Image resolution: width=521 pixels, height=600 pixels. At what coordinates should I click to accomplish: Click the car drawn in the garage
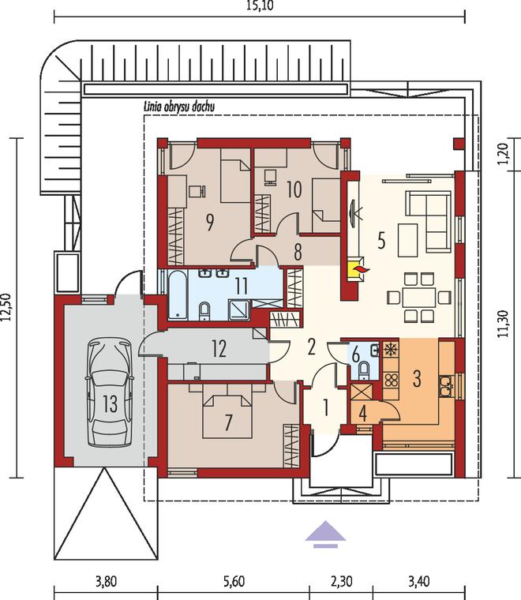[110, 392]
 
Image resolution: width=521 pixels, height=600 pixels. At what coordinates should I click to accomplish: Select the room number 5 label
[381, 240]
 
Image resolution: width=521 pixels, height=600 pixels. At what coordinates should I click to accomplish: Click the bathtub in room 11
[178, 294]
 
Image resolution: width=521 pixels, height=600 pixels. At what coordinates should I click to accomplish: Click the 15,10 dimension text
[260, 6]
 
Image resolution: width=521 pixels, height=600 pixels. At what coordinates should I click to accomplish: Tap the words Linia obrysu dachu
[178, 107]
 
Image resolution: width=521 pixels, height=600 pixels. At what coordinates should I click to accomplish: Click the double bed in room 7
[227, 416]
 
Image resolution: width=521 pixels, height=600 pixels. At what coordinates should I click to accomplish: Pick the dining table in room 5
[419, 298]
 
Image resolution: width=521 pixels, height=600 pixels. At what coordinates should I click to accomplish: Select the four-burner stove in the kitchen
[391, 380]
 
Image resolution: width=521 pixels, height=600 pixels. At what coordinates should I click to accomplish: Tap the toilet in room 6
[364, 370]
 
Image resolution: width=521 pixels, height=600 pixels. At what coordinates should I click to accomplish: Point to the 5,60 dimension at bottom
[234, 581]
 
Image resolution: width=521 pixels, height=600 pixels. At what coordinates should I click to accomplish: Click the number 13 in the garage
[110, 403]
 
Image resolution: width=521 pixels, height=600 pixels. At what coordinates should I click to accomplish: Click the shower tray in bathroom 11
[239, 310]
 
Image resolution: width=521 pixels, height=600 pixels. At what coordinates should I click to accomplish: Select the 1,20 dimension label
[504, 153]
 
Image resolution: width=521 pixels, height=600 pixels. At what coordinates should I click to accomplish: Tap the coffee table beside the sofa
[407, 240]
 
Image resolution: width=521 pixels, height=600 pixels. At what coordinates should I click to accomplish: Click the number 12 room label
[219, 349]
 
